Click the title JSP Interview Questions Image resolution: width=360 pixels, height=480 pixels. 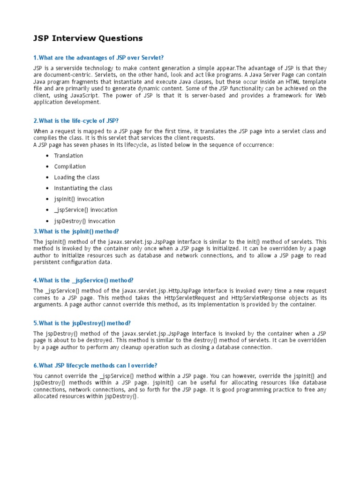click(88, 38)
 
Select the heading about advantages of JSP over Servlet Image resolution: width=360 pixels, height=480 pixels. click(98, 58)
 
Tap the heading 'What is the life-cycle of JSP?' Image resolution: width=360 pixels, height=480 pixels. click(79, 121)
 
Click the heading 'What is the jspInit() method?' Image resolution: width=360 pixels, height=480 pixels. click(76, 231)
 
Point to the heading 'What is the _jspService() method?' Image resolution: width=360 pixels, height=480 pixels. click(83, 280)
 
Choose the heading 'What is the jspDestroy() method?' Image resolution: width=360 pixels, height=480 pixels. click(82, 323)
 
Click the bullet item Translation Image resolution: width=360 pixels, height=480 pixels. click(68, 156)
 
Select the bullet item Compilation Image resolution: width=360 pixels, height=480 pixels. click(70, 166)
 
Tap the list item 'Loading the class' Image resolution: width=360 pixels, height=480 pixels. click(76, 177)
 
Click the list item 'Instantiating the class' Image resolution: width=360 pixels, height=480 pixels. click(83, 188)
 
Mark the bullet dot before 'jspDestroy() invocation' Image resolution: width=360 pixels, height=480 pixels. click(48, 221)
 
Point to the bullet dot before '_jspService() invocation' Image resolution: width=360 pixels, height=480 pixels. click(48, 210)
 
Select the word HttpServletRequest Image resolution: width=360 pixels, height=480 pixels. click(189, 298)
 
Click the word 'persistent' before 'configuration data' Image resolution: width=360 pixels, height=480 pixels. click(47, 262)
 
